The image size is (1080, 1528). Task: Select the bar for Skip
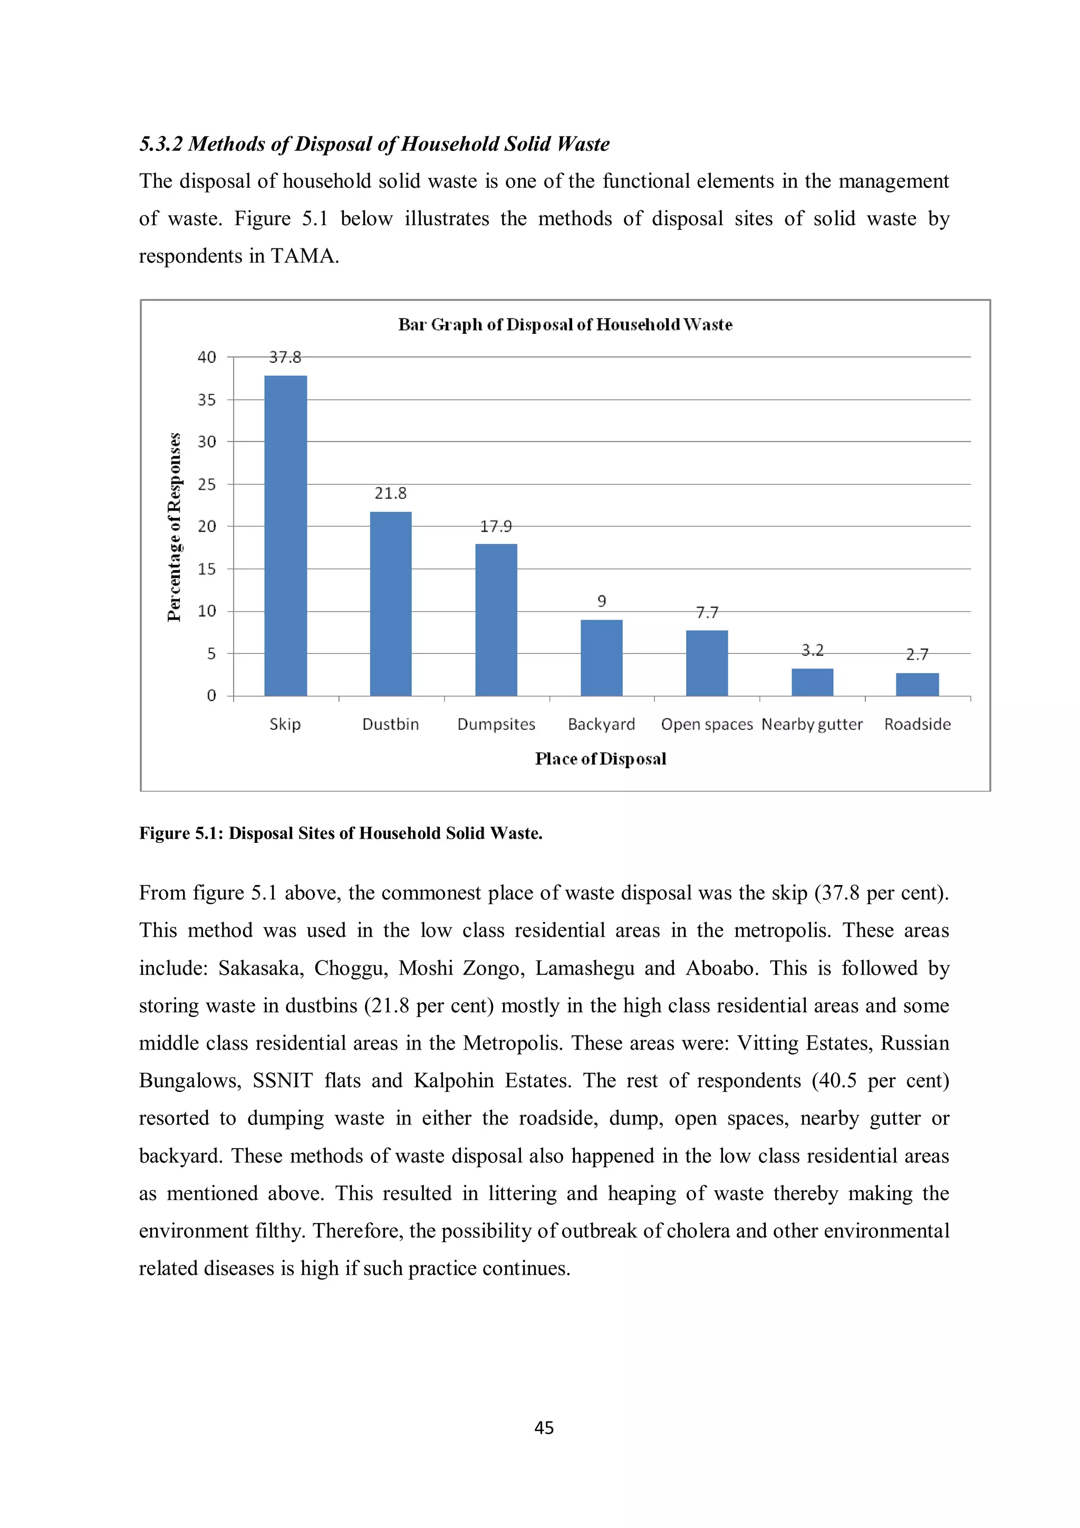(x=285, y=536)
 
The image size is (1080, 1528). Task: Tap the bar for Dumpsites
(x=496, y=620)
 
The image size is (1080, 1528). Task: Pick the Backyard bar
(x=602, y=658)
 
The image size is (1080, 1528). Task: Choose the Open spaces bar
(x=707, y=663)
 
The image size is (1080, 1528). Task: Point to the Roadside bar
(x=917, y=684)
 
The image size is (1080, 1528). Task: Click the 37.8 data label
(x=285, y=358)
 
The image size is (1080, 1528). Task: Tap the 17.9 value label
(x=496, y=526)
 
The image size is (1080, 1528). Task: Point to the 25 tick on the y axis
(x=207, y=485)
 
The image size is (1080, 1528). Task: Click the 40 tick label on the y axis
(x=207, y=358)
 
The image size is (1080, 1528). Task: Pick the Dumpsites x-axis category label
(x=496, y=724)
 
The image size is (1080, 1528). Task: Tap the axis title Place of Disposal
(x=600, y=758)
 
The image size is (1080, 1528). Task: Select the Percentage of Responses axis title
(x=175, y=526)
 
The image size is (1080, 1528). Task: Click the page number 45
(x=544, y=1427)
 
